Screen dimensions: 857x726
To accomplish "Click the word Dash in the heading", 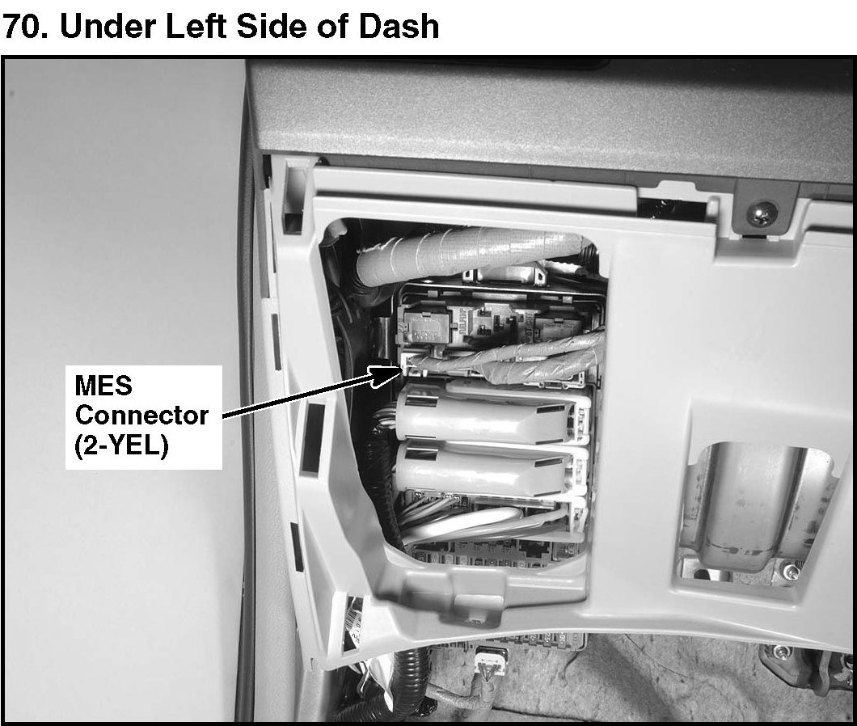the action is point(399,27).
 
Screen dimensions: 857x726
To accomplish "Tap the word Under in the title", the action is point(108,27).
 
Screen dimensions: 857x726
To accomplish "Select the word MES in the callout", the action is point(103,386).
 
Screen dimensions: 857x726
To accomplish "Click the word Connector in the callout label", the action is point(141,416).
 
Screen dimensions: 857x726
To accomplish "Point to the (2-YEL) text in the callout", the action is point(121,445).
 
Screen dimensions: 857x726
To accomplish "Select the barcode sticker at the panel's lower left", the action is point(353,623).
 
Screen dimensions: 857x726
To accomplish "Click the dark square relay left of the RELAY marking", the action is point(426,327).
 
